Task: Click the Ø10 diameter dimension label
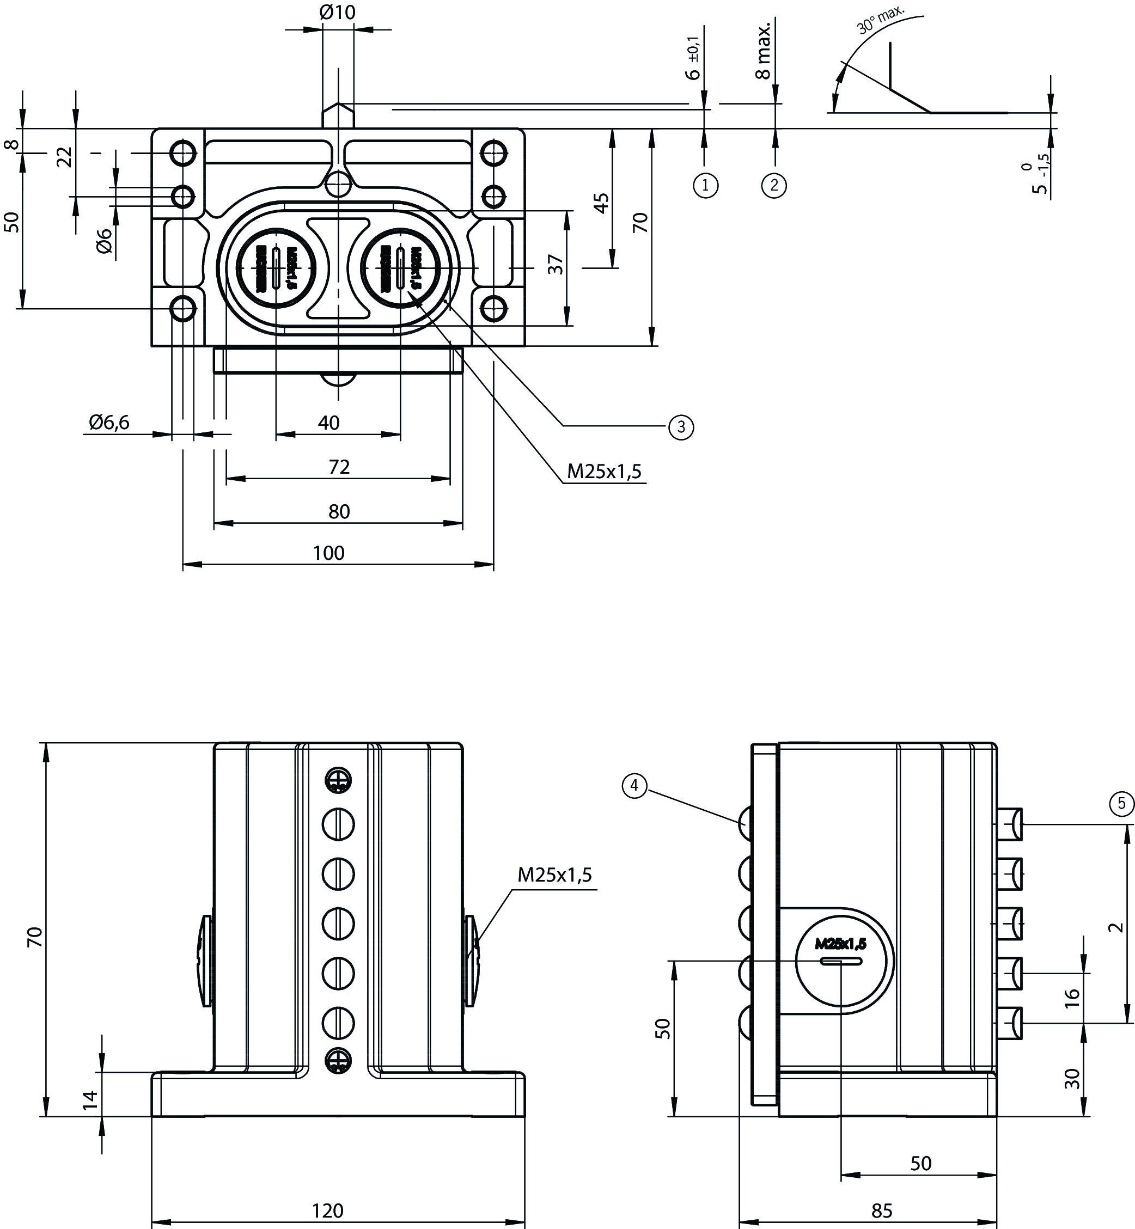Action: pyautogui.click(x=337, y=13)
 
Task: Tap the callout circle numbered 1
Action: pyautogui.click(x=705, y=185)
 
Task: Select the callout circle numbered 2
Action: pyautogui.click(x=774, y=185)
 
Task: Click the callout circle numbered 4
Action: pyautogui.click(x=634, y=786)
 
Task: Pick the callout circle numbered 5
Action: pyautogui.click(x=1122, y=803)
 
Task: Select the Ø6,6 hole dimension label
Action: pyautogui.click(x=109, y=422)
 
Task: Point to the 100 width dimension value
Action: pyautogui.click(x=328, y=553)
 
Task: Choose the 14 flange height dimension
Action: pyautogui.click(x=90, y=1099)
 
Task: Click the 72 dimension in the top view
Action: pyautogui.click(x=339, y=467)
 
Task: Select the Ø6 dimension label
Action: pyautogui.click(x=105, y=240)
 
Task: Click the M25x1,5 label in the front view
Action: pyautogui.click(x=554, y=875)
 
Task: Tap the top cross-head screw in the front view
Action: pyautogui.click(x=338, y=780)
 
